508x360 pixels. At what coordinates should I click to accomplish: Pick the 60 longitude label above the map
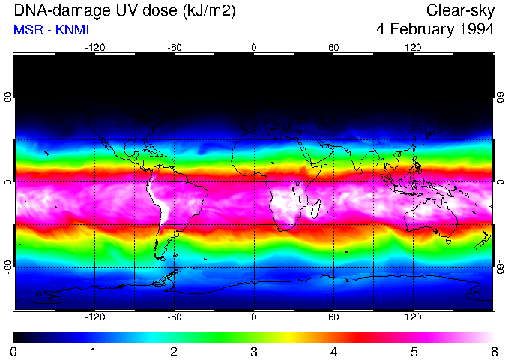coord(333,48)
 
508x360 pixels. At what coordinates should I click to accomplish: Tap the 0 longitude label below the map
coord(254,317)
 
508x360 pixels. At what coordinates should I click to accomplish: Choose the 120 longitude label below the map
coord(413,317)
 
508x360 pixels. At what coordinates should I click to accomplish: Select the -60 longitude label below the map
coord(175,317)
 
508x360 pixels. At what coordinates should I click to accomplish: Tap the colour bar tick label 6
coord(494,351)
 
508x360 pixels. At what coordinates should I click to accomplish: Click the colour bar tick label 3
coord(254,351)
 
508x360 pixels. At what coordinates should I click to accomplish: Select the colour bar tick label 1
coord(94,351)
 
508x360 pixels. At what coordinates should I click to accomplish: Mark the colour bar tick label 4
coord(333,351)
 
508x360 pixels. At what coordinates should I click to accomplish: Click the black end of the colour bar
coord(18,337)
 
